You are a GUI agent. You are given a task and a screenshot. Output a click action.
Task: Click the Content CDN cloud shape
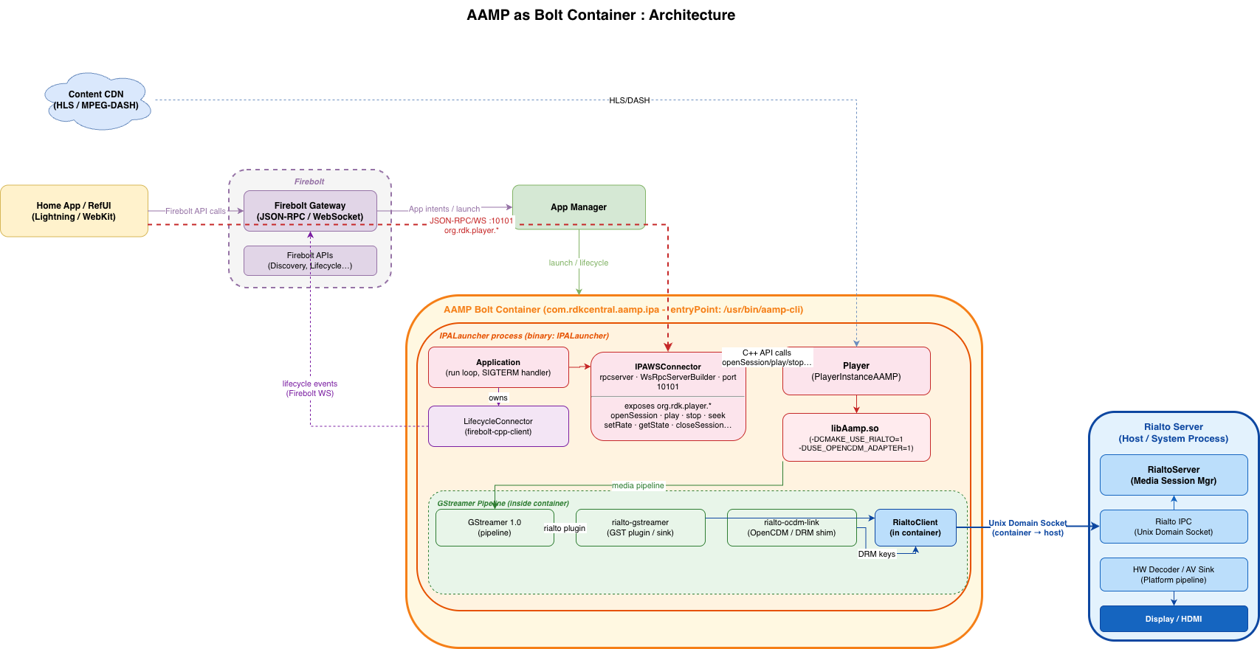pyautogui.click(x=97, y=101)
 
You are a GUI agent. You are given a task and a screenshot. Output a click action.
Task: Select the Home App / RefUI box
pyautogui.click(x=75, y=211)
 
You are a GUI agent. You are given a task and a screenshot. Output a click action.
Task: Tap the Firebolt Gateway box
pyautogui.click(x=310, y=211)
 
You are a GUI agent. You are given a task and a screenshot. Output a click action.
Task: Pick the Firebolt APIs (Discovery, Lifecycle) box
pyautogui.click(x=310, y=260)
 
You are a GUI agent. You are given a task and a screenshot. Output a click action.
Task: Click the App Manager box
pyautogui.click(x=579, y=206)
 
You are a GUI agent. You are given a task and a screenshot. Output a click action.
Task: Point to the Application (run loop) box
pyautogui.click(x=498, y=367)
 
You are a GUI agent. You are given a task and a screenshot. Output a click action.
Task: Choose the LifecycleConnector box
pyautogui.click(x=498, y=426)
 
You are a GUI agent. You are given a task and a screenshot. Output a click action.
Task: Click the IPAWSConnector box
pyautogui.click(x=668, y=396)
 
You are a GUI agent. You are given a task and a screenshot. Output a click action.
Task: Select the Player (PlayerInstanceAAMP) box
pyautogui.click(x=856, y=371)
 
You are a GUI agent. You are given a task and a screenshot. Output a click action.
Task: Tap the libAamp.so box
pyautogui.click(x=856, y=437)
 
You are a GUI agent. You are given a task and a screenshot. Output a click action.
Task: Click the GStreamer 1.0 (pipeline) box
pyautogui.click(x=495, y=527)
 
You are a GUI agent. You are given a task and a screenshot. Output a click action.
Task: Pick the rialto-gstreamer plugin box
pyautogui.click(x=640, y=527)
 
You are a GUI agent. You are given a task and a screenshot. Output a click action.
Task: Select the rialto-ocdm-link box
pyautogui.click(x=791, y=527)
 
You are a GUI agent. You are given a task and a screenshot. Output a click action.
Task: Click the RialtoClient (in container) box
pyautogui.click(x=915, y=527)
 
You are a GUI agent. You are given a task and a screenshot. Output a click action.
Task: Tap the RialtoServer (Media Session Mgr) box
pyautogui.click(x=1174, y=475)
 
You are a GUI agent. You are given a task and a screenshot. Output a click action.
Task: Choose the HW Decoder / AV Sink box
pyautogui.click(x=1174, y=575)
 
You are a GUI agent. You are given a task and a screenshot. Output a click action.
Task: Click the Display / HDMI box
pyautogui.click(x=1174, y=619)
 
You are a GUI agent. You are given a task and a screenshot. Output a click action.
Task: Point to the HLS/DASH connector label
pyautogui.click(x=630, y=100)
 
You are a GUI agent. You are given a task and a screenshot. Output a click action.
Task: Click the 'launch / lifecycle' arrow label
pyautogui.click(x=578, y=263)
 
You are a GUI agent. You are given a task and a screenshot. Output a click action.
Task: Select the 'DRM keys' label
pyautogui.click(x=876, y=554)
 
